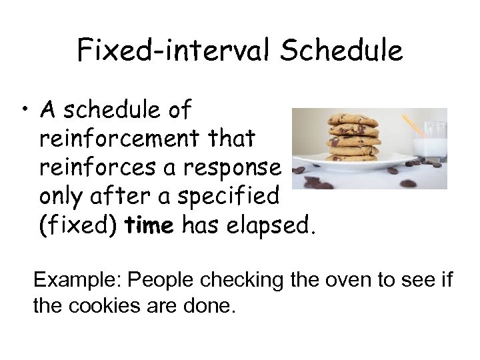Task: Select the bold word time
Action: (x=149, y=226)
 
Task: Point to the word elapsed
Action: (x=271, y=226)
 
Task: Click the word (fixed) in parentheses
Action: (x=78, y=226)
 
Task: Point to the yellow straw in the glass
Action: (x=414, y=125)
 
